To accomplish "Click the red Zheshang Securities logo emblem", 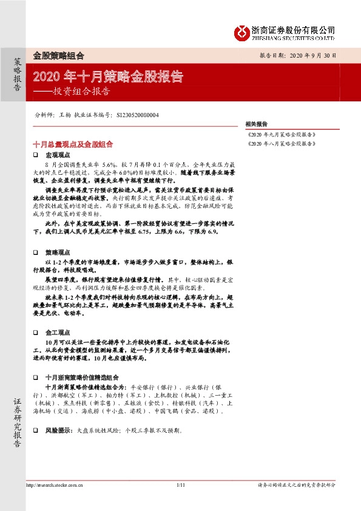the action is [241, 31].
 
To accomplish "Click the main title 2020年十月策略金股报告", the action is [107, 77].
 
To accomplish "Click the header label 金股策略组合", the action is [58, 55].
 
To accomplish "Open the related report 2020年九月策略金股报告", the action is [282, 134].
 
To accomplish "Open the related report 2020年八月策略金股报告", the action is [282, 144].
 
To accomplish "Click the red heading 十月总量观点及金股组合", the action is [73, 144].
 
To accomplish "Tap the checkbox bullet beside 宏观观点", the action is [36, 157].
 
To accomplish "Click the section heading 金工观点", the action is [57, 333].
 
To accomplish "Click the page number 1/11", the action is [180, 485].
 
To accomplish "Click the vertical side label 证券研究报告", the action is [17, 422].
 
